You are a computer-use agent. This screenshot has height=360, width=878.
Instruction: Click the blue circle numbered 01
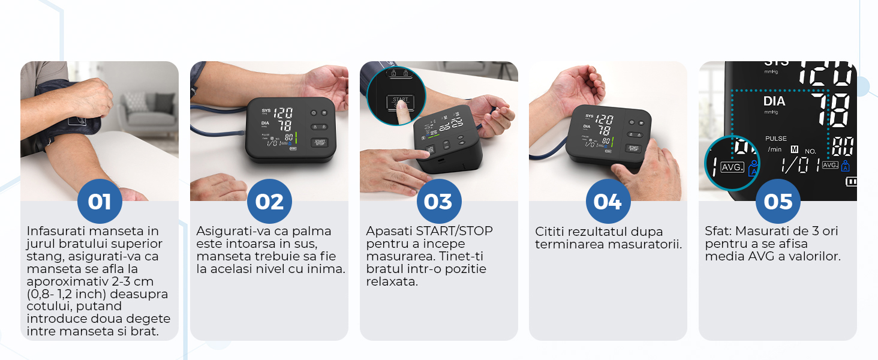100,201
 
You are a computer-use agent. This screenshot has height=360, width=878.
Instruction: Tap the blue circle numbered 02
269,201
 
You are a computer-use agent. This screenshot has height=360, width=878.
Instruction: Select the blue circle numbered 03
439,201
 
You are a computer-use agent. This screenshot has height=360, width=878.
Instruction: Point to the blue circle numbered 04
608,201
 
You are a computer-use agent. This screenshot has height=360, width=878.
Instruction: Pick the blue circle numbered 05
778,201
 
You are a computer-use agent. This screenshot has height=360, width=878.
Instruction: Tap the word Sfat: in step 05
718,231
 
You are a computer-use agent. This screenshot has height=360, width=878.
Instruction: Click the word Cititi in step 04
549,232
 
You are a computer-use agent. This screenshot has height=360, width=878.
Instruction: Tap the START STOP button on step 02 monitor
320,142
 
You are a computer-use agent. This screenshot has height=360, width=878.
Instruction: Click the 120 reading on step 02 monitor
283,113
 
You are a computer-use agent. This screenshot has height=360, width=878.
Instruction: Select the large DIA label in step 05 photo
774,101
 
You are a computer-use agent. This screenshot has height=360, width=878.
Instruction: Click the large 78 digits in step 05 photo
830,110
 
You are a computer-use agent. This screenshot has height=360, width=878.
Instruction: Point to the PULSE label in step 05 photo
775,139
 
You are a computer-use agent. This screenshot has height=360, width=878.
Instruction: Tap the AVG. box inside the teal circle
732,167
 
